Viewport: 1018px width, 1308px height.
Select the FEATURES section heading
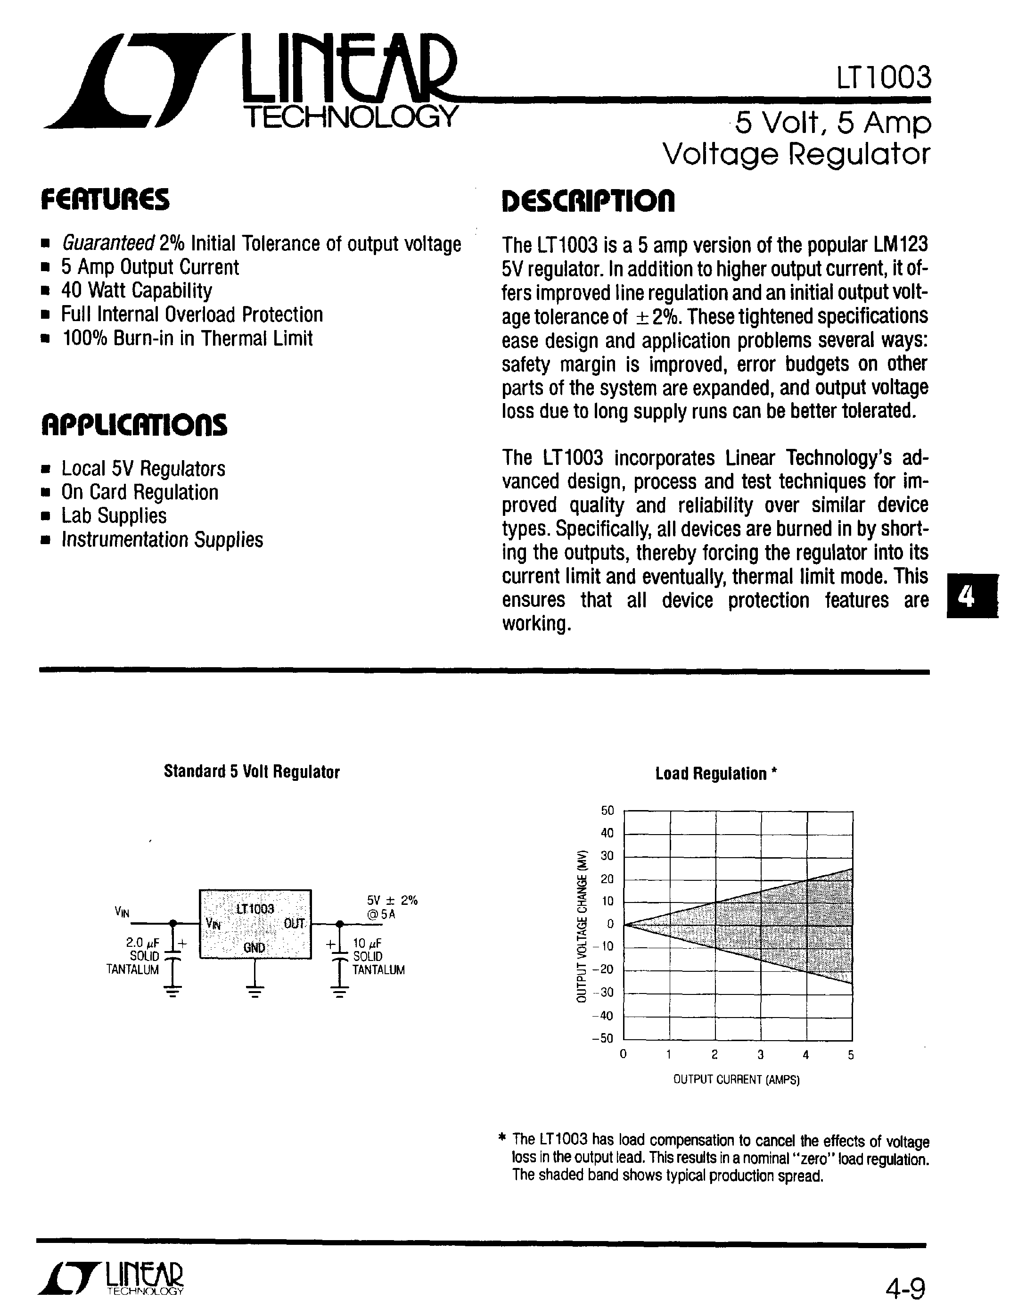(105, 200)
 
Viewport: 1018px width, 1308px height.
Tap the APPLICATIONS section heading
(134, 425)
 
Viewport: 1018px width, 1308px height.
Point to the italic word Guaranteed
(108, 244)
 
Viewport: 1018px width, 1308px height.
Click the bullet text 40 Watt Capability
(137, 291)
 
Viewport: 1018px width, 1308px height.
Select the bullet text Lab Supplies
(114, 516)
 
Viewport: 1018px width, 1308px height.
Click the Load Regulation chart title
(716, 774)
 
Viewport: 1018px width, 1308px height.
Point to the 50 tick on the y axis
(607, 811)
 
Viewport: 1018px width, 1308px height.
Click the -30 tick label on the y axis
(603, 993)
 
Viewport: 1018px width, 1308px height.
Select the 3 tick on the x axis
(760, 1055)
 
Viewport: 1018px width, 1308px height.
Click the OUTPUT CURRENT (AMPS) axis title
(736, 1080)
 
